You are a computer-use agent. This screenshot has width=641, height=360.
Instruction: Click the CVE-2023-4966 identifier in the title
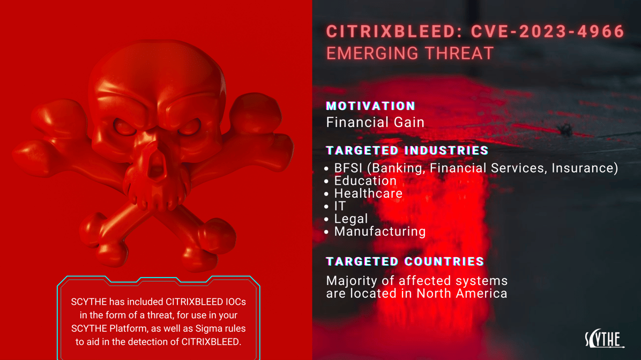548,32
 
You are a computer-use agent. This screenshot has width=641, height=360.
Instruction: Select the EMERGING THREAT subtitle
409,54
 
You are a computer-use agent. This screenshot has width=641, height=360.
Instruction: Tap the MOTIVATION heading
371,106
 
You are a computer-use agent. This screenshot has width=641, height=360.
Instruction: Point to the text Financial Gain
375,122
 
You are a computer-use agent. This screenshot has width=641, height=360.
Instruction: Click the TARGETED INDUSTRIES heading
407,151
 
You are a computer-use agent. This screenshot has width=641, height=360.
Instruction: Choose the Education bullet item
365,181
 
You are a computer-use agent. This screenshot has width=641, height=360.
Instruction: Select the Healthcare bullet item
368,193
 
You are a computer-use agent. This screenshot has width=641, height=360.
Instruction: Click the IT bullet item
340,206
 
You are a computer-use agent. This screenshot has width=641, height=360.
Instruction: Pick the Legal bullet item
351,219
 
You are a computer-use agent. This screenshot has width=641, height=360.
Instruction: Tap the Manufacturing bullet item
379,231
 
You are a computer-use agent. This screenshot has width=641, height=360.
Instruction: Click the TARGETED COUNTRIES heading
405,261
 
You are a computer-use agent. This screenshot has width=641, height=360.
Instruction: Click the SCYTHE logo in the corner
604,339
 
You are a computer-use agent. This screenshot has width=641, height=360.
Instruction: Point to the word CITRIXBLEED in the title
391,32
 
